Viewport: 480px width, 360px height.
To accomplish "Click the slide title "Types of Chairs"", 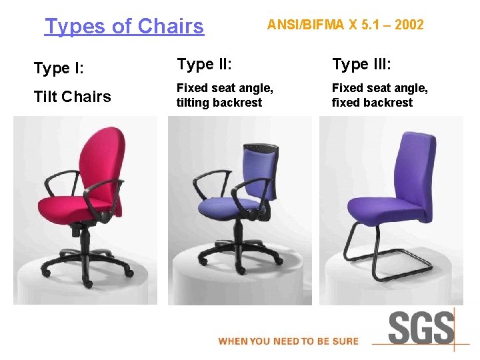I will [124, 26].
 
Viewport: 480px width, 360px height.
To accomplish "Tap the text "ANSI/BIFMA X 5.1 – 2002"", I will [345, 25].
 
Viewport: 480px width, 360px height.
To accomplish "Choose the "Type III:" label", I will [361, 64].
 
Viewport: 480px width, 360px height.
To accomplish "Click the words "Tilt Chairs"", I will [72, 97].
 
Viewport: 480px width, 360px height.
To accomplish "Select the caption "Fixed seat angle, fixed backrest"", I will [380, 95].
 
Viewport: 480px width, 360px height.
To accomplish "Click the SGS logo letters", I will [421, 329].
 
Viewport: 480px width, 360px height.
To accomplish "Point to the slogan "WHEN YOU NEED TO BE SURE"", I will [288, 341].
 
